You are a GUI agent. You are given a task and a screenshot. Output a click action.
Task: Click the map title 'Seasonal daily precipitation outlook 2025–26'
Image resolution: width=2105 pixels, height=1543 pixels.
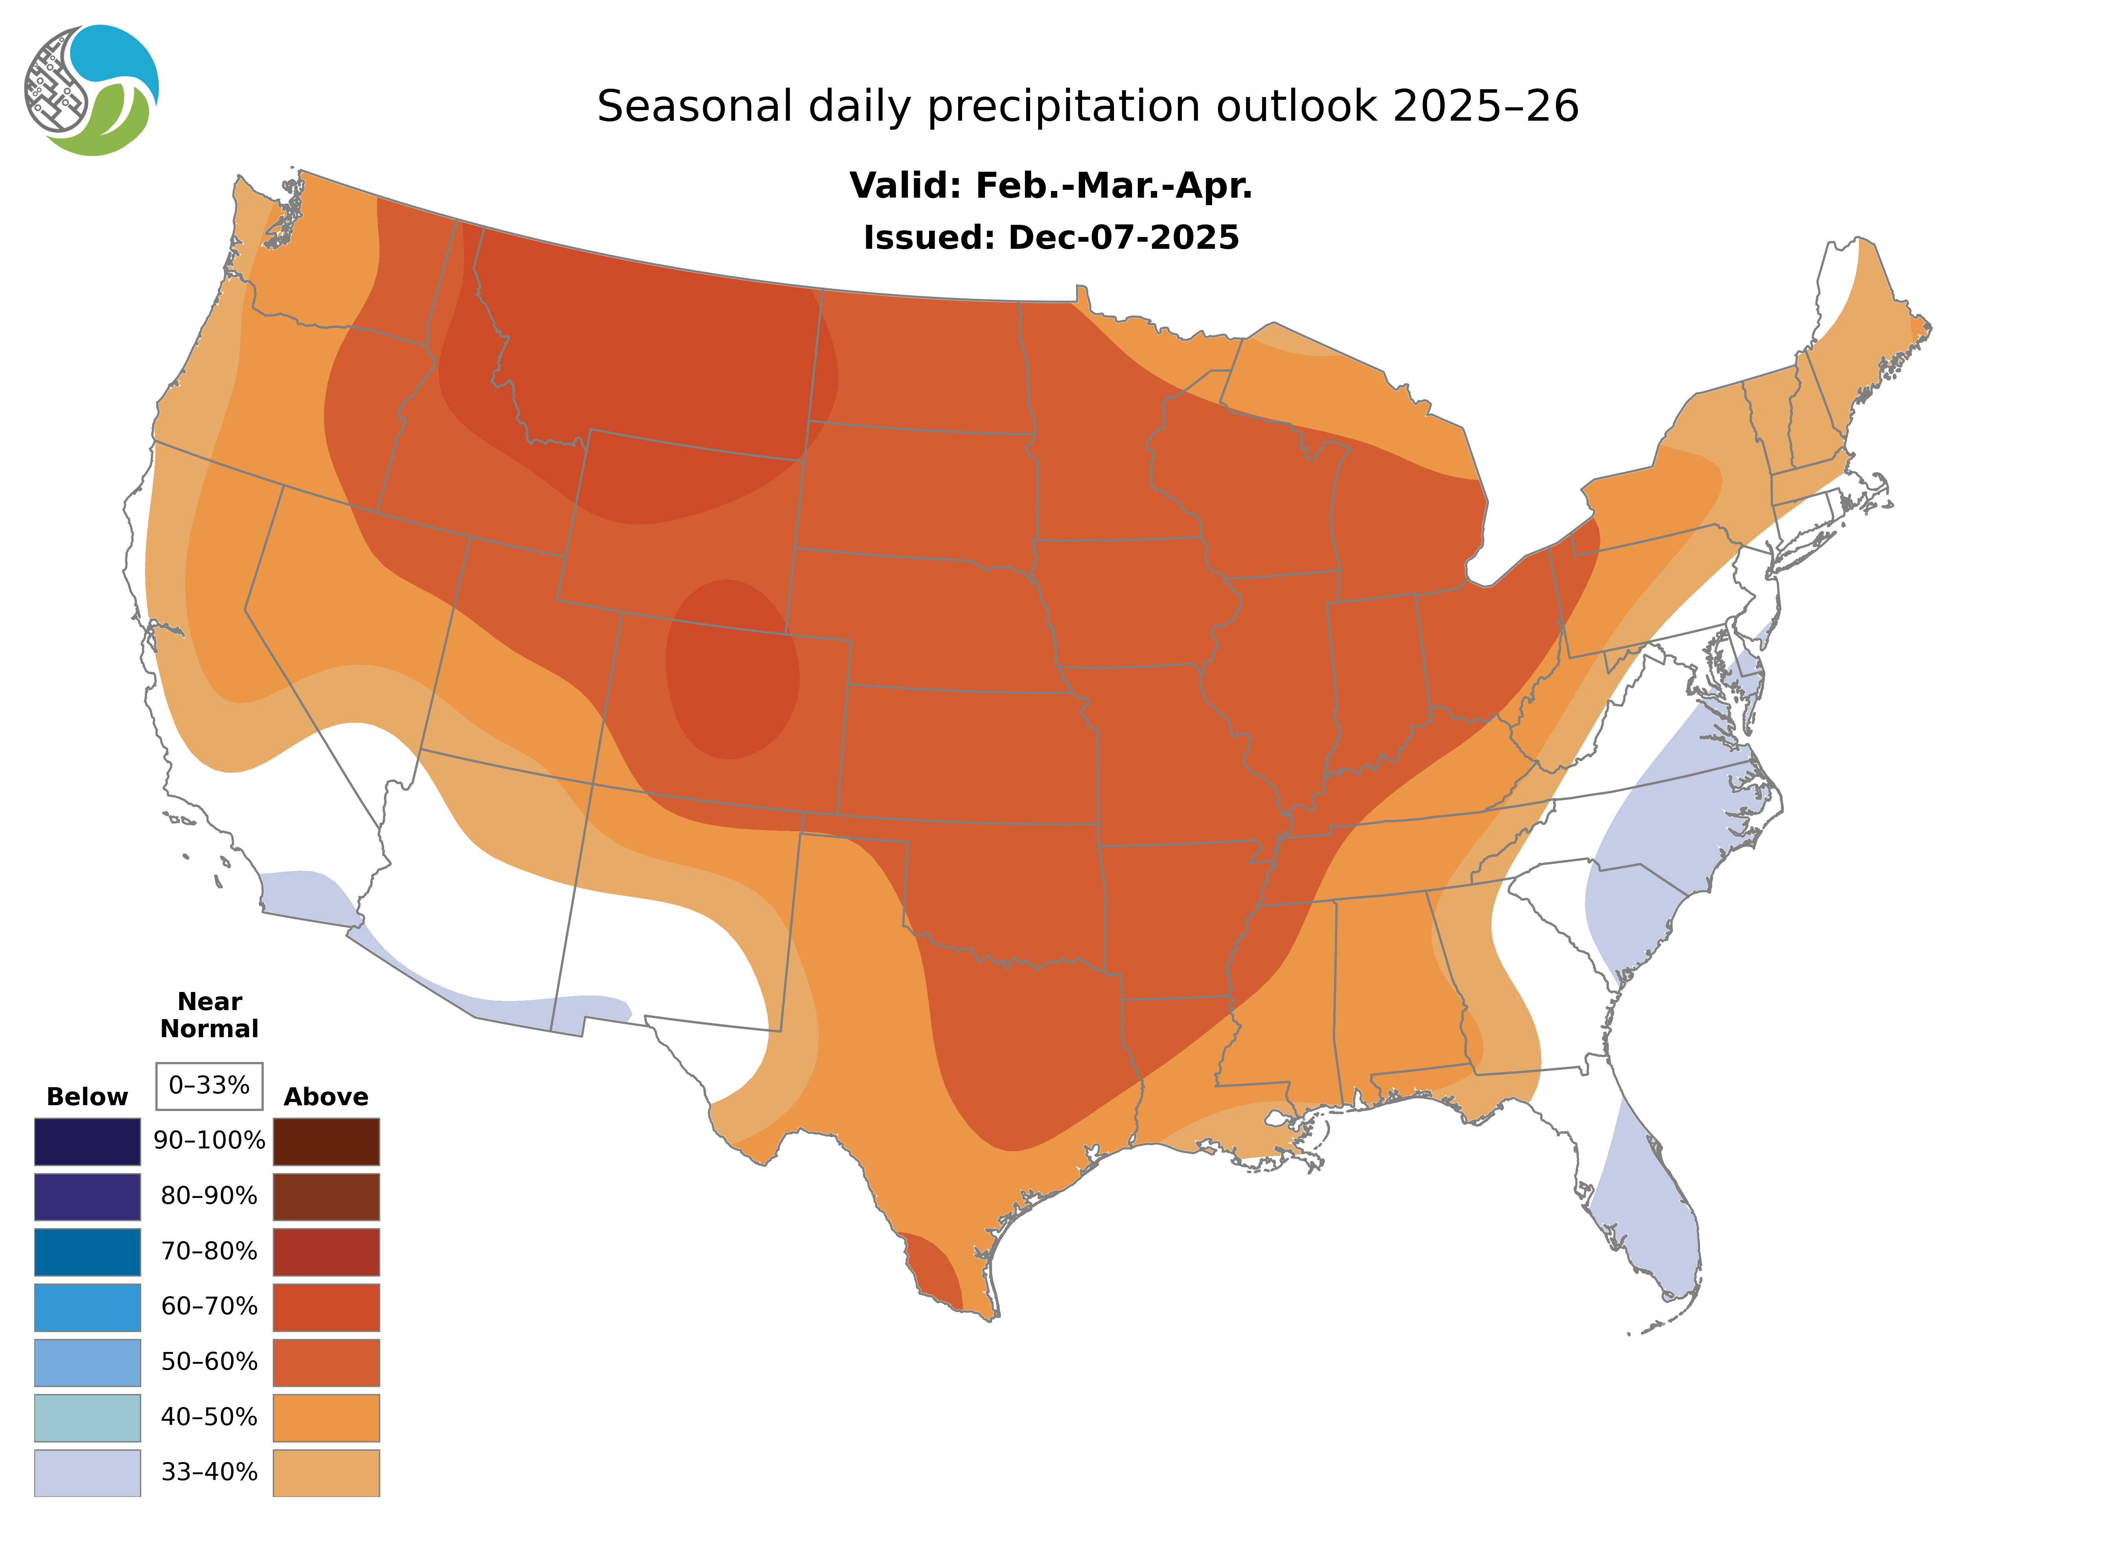[x=1087, y=107]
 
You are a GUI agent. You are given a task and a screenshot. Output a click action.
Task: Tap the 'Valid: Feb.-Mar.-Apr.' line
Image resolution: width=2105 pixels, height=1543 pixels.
[x=1050, y=186]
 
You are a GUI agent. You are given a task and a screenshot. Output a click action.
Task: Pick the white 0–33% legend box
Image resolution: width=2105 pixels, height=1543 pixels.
[x=209, y=1086]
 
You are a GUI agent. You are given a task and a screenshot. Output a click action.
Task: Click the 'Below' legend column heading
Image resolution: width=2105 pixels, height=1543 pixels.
[x=87, y=1097]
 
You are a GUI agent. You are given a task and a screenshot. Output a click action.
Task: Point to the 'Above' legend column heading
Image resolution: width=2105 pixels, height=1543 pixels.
[x=326, y=1097]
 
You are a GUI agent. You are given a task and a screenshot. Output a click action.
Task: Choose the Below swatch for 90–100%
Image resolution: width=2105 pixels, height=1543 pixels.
[x=87, y=1141]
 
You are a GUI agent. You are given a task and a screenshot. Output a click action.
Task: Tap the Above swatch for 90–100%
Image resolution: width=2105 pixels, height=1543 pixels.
[x=326, y=1141]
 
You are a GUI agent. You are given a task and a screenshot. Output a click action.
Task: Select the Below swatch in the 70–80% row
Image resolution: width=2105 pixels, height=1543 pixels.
[x=87, y=1252]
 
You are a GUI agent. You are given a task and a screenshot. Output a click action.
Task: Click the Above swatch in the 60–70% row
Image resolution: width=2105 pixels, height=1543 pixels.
[x=326, y=1307]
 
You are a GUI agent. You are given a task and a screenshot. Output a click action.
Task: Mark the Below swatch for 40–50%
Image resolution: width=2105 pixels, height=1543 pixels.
[x=87, y=1417]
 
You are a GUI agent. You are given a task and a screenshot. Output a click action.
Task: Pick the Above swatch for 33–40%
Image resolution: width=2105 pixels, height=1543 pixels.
[x=326, y=1472]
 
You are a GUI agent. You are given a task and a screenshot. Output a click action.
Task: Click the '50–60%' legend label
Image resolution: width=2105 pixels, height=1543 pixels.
[x=209, y=1362]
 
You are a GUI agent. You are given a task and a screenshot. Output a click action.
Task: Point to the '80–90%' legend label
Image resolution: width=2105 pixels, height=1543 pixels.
[x=209, y=1196]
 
